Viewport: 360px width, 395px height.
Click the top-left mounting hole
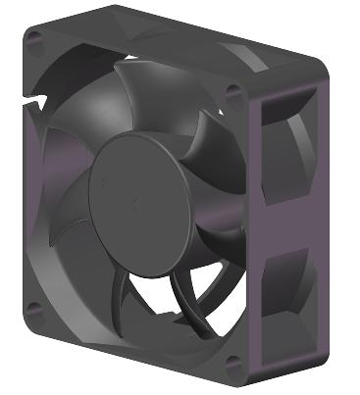(x=35, y=40)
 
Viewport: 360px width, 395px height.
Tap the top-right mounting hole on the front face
(x=232, y=94)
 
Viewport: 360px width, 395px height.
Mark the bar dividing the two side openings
(x=290, y=227)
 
